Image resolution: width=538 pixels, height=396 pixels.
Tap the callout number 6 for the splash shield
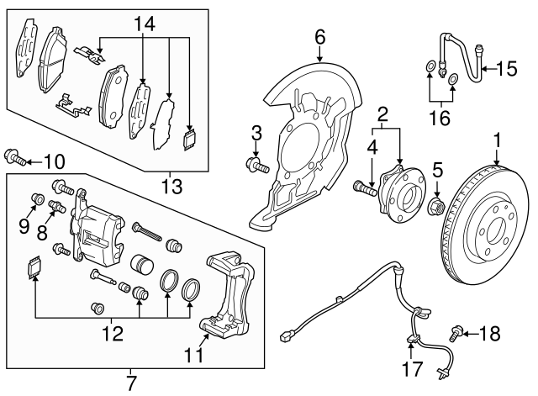(320, 36)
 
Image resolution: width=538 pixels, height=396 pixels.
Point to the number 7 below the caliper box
(130, 384)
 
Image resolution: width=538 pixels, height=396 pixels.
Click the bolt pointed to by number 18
(459, 333)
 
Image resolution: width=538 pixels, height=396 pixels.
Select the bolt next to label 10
(17, 156)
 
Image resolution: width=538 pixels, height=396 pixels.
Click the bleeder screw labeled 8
(58, 207)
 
